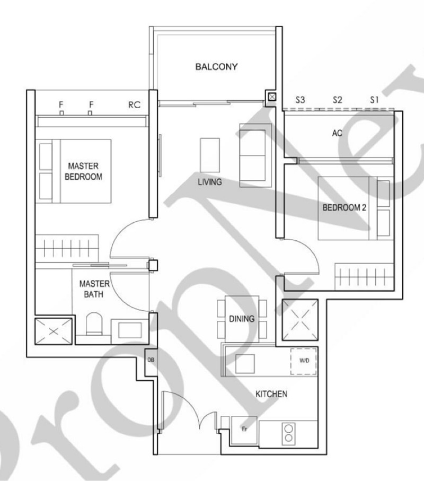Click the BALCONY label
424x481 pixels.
tap(216, 67)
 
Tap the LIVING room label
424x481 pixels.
tap(210, 182)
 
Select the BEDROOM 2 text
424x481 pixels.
tap(344, 208)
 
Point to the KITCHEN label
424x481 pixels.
tap(271, 393)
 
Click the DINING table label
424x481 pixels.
tap(242, 319)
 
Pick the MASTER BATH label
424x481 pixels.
tap(94, 289)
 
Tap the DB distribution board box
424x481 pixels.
tap(151, 362)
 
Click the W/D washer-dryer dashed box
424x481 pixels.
tap(304, 361)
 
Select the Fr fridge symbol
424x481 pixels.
tap(244, 430)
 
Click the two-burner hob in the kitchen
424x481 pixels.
tap(288, 433)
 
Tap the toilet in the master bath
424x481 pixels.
tap(94, 324)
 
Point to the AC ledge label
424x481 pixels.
tap(337, 133)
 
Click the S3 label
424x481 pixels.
tap(300, 100)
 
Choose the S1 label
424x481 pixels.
tap(374, 100)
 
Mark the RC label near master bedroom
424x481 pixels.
tap(134, 105)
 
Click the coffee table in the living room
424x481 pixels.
tap(210, 155)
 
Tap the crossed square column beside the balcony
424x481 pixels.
tap(272, 97)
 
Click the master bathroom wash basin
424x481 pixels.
tap(130, 330)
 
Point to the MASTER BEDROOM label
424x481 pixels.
tap(83, 171)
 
